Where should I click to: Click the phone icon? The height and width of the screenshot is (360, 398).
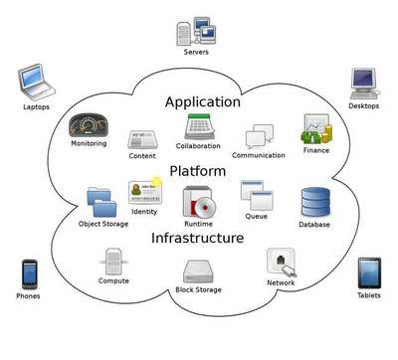pyautogui.click(x=30, y=273)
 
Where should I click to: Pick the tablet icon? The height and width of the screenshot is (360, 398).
pyautogui.click(x=369, y=272)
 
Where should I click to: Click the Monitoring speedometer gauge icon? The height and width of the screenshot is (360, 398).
pyautogui.click(x=88, y=124)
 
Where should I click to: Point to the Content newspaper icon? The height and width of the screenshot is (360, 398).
pyautogui.click(x=141, y=138)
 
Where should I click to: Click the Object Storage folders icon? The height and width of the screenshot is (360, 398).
pyautogui.click(x=102, y=202)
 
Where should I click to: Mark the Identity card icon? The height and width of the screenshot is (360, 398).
pyautogui.click(x=144, y=191)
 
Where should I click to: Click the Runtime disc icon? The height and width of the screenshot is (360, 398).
pyautogui.click(x=198, y=205)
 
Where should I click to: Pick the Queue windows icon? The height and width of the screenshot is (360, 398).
pyautogui.click(x=256, y=196)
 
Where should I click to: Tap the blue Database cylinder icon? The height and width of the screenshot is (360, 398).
pyautogui.click(x=315, y=203)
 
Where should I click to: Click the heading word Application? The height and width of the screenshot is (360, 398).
pyautogui.click(x=202, y=101)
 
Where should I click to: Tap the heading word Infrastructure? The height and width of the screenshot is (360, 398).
pyautogui.click(x=197, y=239)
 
